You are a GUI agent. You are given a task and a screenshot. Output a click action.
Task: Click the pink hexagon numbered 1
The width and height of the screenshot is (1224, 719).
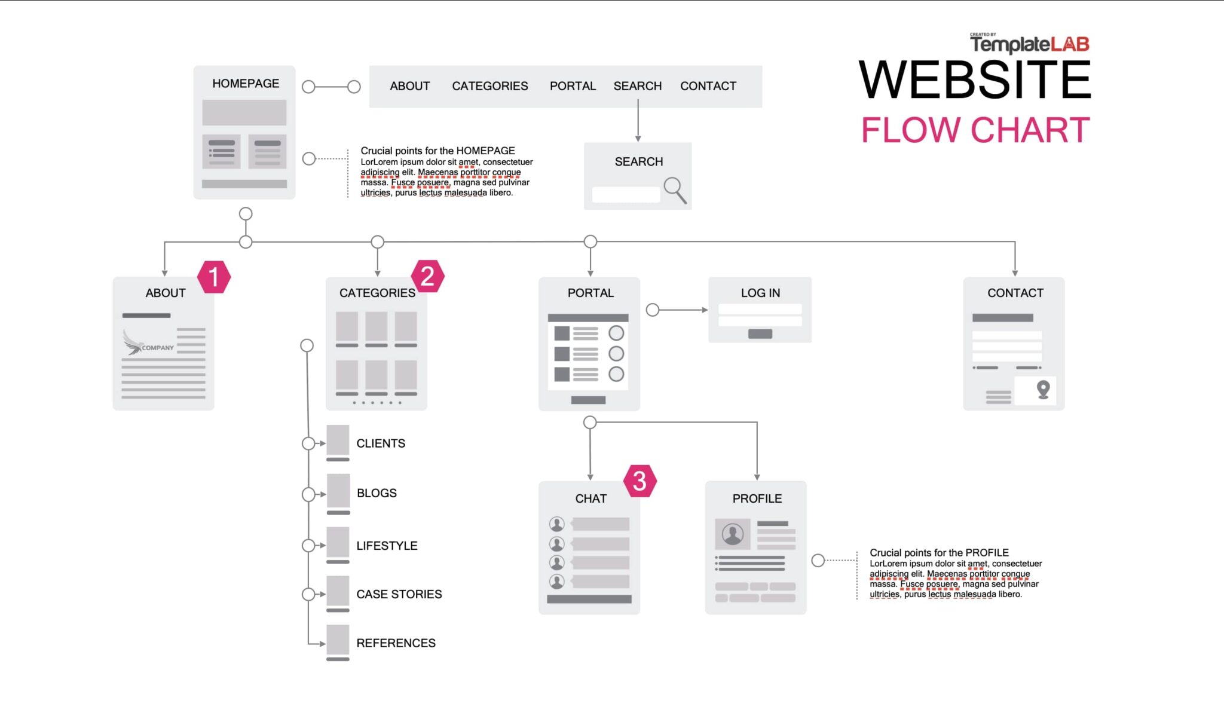214,277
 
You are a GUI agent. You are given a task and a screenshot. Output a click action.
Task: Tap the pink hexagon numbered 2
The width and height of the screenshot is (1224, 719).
427,276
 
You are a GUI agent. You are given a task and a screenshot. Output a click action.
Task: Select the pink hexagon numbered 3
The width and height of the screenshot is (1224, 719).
639,481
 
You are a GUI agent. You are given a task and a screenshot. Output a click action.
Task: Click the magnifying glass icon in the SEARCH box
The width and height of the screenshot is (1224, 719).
675,189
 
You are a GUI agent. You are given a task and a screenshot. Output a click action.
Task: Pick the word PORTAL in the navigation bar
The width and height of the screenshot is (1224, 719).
573,86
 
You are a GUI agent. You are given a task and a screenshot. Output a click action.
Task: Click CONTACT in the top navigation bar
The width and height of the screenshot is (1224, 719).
708,86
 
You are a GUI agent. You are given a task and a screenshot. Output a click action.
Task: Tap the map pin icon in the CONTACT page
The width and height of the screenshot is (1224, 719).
1043,389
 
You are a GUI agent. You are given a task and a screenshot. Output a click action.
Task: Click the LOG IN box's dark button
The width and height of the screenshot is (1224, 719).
760,334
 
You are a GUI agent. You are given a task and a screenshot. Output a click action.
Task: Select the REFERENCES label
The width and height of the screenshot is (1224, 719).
396,643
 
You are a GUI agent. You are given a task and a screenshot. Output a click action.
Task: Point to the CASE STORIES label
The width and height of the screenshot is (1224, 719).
399,594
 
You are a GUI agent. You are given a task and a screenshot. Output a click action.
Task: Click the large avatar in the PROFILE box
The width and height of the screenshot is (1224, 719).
732,533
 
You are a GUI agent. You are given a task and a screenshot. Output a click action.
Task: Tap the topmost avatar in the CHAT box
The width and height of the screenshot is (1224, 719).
556,524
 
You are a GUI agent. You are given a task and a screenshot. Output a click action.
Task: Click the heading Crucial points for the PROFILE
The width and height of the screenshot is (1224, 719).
938,553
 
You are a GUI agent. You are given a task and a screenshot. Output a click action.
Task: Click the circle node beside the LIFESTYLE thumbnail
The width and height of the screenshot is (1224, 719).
308,546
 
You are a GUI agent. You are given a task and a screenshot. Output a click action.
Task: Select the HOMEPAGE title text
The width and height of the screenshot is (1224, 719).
246,84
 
